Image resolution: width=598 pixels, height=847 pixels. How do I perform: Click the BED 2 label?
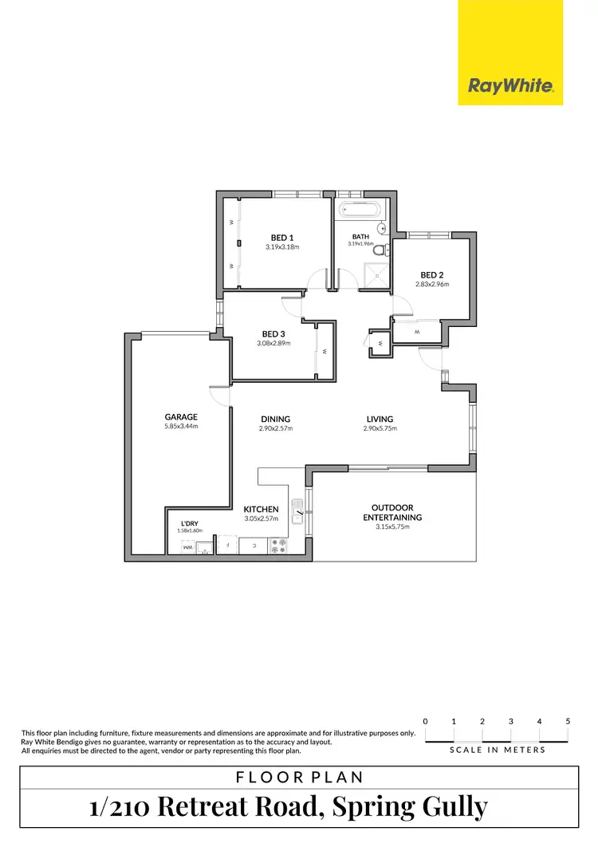click(431, 274)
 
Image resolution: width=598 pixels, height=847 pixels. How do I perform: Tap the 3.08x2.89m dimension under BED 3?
click(273, 343)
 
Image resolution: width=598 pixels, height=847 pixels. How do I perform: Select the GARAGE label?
click(181, 416)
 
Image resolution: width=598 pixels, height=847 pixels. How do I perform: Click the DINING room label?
click(275, 419)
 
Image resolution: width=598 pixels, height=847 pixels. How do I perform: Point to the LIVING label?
click(380, 419)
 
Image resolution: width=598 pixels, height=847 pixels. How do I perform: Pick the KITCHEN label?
click(262, 509)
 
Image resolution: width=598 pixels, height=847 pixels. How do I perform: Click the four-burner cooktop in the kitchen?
click(280, 546)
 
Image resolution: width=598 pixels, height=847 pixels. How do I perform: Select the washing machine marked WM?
click(187, 547)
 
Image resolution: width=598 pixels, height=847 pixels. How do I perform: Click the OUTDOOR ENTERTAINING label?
click(396, 512)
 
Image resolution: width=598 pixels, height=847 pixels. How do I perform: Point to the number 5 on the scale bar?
click(568, 721)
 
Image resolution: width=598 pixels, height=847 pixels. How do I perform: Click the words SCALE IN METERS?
click(498, 750)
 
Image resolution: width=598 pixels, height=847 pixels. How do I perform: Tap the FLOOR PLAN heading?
click(298, 777)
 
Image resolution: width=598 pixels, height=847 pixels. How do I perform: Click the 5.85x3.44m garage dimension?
click(181, 426)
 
